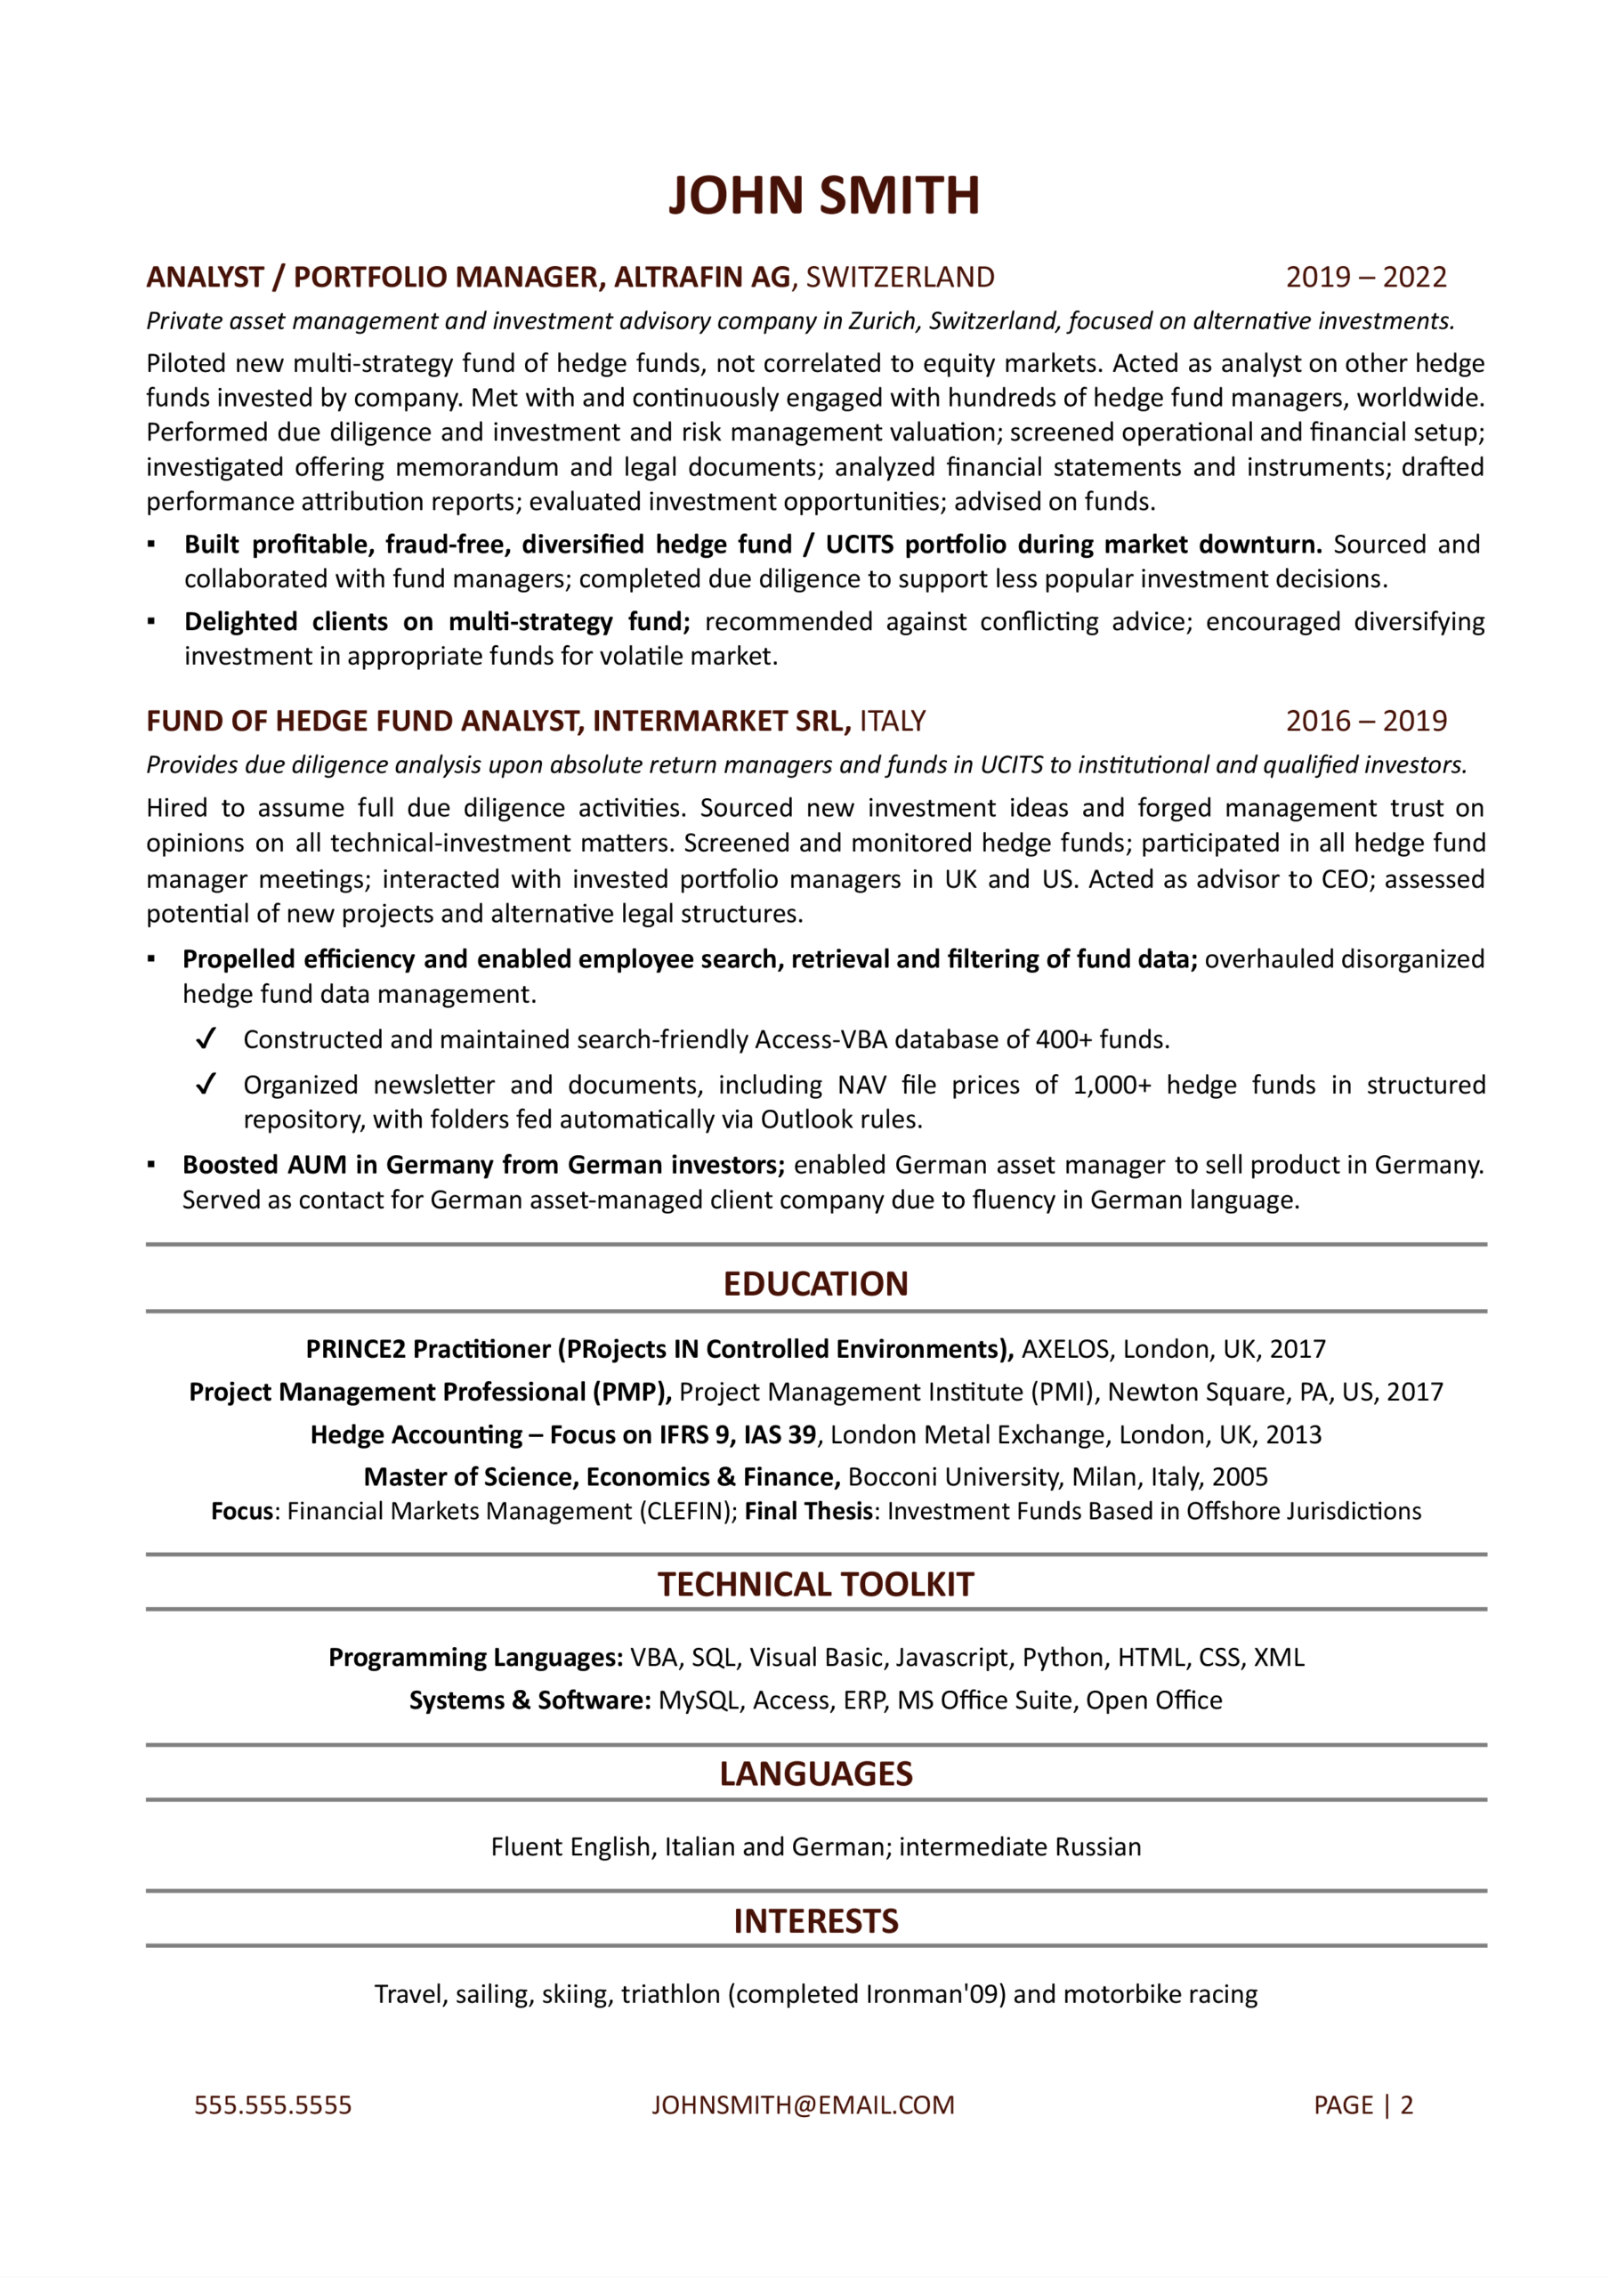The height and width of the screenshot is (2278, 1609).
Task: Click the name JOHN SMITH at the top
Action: point(823,196)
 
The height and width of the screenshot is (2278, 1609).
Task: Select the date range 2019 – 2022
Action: point(1366,277)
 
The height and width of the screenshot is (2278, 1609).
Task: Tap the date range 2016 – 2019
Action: point(1366,722)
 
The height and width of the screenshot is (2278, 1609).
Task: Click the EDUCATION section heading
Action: point(815,1284)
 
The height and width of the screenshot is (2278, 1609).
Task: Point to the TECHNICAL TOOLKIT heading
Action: point(815,1585)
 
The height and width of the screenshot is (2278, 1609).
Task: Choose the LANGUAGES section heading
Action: point(815,1774)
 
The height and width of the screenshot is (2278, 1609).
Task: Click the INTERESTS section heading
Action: point(815,1922)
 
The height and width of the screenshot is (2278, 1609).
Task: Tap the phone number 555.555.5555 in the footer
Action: point(273,2106)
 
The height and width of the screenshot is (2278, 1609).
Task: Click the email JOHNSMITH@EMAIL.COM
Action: point(803,2106)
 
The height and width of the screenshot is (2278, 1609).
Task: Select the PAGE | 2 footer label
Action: point(1363,2106)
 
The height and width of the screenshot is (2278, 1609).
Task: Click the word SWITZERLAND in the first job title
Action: point(900,277)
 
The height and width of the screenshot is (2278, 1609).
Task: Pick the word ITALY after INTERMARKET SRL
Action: point(892,722)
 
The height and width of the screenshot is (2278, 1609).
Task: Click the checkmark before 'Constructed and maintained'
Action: point(206,1038)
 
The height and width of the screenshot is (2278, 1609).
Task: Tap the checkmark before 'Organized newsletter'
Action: point(206,1085)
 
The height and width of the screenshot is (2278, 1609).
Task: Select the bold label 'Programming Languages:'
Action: point(475,1658)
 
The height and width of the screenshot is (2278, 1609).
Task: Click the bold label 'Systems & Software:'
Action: point(530,1700)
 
